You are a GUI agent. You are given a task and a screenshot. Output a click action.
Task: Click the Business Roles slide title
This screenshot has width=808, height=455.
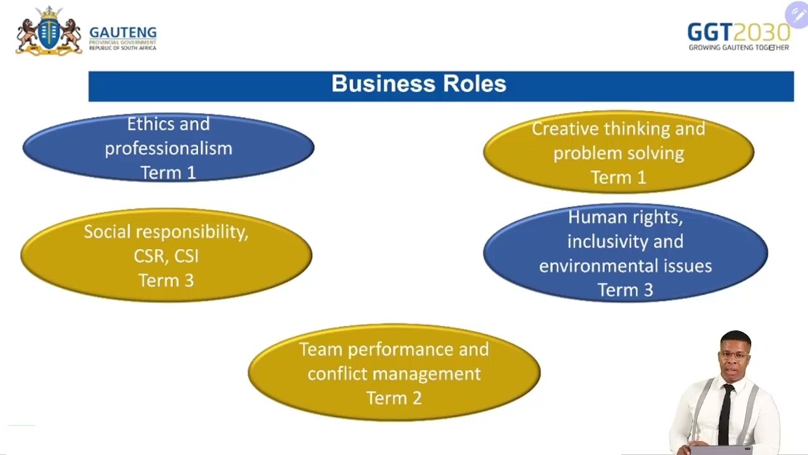click(x=419, y=84)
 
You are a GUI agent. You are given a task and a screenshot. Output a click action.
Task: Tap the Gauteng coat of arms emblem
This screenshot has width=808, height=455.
click(x=49, y=31)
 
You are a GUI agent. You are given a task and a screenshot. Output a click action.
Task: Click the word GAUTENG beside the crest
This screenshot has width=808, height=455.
click(x=123, y=33)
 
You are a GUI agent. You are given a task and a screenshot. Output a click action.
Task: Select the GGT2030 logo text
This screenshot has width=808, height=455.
click(x=738, y=32)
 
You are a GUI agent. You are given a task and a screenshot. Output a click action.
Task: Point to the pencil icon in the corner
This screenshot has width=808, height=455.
click(x=796, y=15)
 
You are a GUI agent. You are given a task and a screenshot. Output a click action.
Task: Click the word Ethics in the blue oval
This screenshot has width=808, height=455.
click(x=150, y=124)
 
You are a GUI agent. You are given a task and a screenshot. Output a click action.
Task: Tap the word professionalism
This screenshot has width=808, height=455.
click(x=169, y=149)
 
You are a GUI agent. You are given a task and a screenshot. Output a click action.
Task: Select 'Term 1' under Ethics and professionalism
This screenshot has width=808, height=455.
click(x=168, y=173)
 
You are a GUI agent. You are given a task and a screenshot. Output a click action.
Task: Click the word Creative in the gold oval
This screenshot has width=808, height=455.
click(x=565, y=129)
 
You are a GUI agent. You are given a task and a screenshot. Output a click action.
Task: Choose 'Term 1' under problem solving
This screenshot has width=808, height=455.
click(x=619, y=178)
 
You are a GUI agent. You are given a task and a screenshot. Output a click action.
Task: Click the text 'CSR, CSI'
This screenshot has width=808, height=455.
click(x=166, y=256)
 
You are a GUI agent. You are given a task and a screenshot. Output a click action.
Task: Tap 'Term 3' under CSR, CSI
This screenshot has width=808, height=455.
click(x=166, y=281)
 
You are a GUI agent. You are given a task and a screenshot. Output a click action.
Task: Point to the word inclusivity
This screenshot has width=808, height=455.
click(x=625, y=241)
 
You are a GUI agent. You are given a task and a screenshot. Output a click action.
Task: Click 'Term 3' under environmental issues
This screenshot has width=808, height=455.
click(x=625, y=290)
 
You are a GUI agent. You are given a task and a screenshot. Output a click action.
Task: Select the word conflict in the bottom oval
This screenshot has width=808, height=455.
click(x=338, y=373)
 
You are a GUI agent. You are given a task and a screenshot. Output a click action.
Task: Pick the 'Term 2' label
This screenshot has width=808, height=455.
click(x=394, y=398)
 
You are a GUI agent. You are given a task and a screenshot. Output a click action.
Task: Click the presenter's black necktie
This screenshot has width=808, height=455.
click(x=726, y=411)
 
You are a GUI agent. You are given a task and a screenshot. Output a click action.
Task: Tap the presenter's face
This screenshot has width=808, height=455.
click(x=735, y=357)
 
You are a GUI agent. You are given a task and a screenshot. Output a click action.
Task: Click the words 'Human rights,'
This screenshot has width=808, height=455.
click(x=625, y=217)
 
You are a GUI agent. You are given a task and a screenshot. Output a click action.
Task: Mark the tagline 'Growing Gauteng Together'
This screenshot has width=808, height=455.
click(x=738, y=47)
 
